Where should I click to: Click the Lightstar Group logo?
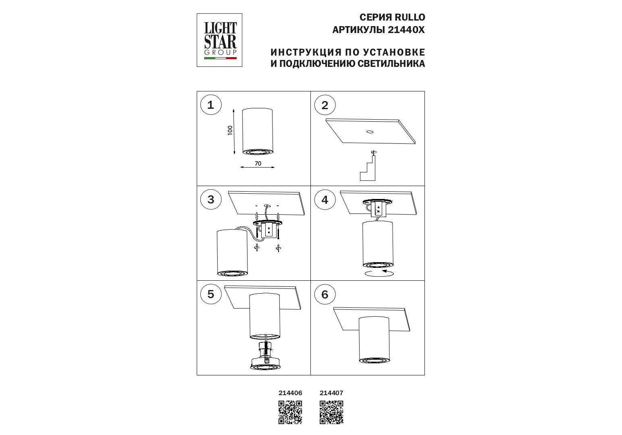[x=219, y=40]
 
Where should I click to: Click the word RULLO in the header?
[x=409, y=17]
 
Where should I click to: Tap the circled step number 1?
[x=211, y=105]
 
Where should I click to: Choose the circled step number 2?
[x=325, y=105]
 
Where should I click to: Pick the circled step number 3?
[x=211, y=199]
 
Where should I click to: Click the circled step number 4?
[x=325, y=200]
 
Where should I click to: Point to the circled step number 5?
[x=211, y=294]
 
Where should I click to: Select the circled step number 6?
[x=325, y=294]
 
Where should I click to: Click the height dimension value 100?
[x=230, y=130]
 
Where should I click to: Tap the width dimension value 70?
[x=258, y=164]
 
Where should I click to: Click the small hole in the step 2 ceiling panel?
[x=369, y=132]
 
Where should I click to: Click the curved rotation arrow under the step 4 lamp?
[x=379, y=273]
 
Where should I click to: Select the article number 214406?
[x=290, y=393]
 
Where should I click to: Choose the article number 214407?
[x=331, y=393]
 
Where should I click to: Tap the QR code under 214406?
[x=290, y=412]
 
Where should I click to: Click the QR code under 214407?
[x=331, y=412]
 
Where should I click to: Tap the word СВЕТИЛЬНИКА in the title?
[x=391, y=64]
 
